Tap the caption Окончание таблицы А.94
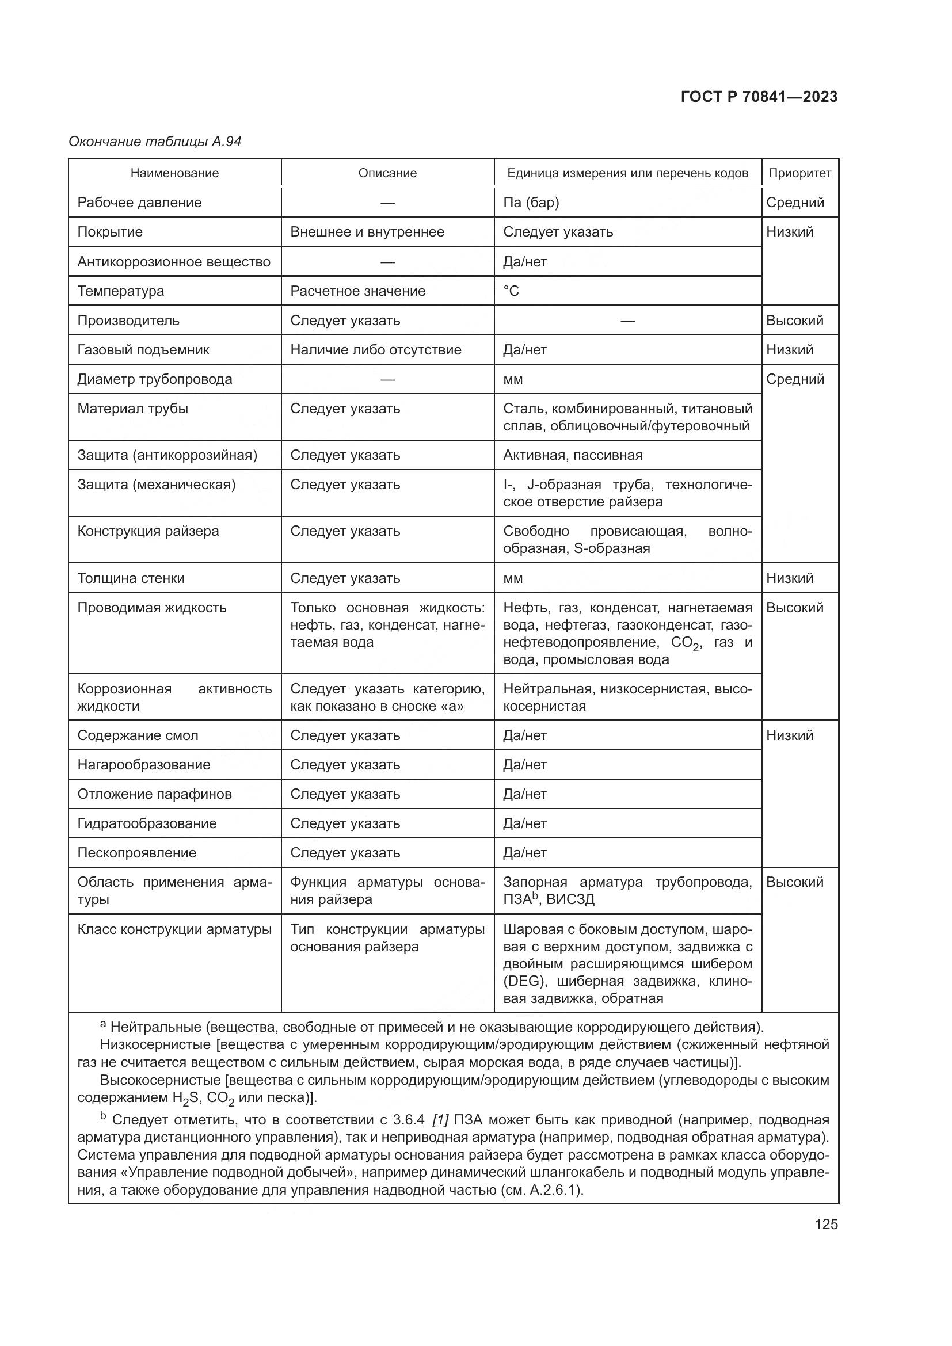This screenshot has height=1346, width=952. [155, 142]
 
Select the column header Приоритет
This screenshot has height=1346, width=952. [799, 173]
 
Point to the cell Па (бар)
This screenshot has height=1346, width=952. [531, 202]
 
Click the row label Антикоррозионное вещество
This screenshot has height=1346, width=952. [173, 261]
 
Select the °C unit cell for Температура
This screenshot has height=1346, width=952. [511, 291]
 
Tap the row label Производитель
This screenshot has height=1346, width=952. [128, 321]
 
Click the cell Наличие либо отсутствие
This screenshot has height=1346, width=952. [375, 350]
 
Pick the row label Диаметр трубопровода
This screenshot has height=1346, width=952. [154, 379]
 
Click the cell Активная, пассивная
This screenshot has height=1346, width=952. [572, 455]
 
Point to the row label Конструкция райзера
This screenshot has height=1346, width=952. [148, 531]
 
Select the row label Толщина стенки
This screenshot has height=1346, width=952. [131, 578]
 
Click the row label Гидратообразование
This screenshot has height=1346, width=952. [147, 823]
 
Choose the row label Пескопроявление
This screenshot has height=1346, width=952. [136, 852]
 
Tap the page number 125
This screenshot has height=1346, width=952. [825, 1224]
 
